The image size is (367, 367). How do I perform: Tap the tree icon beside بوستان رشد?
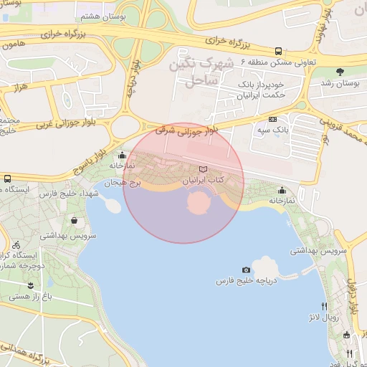point(340,72)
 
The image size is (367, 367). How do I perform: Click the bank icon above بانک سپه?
point(272,120)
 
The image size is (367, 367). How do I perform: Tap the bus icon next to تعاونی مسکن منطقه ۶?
point(277,51)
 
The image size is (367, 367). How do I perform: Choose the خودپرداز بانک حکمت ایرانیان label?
point(262,89)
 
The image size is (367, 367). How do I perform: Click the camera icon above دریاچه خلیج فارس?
point(247,270)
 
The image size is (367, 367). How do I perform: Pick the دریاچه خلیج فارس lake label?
point(247,282)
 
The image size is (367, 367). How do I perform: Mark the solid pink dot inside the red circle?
point(198,204)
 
